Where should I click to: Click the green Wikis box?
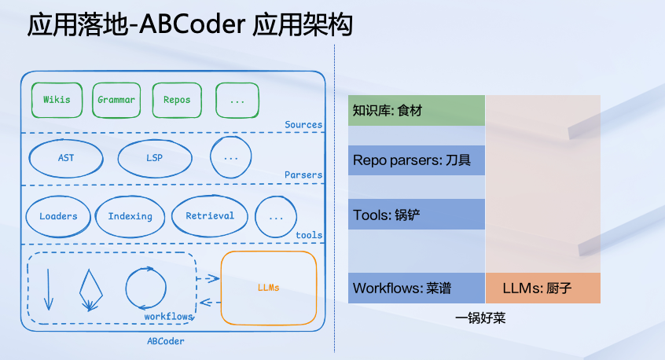click(56, 100)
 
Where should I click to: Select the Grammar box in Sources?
click(116, 100)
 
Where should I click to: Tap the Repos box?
click(177, 100)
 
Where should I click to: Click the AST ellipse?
click(66, 158)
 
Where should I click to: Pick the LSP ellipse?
click(155, 158)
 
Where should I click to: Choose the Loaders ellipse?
click(58, 216)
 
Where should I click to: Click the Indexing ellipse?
click(130, 216)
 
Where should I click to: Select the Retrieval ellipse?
click(210, 215)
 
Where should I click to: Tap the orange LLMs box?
click(269, 288)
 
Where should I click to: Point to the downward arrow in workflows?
click(48, 289)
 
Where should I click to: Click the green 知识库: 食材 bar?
click(417, 111)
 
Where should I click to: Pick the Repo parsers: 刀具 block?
click(417, 160)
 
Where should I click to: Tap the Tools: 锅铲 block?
click(417, 214)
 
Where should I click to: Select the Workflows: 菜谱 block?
click(417, 288)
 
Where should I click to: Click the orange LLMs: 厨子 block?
click(543, 288)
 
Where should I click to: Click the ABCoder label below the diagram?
click(166, 341)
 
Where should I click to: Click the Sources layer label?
click(303, 124)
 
